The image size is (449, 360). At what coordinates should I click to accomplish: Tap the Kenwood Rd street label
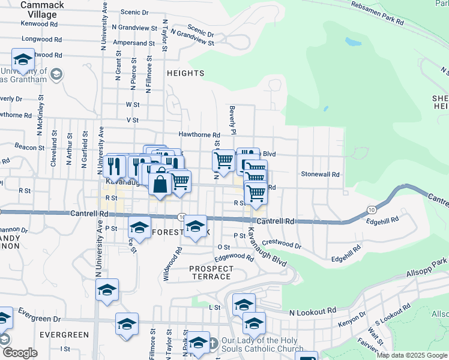[x=40, y=24]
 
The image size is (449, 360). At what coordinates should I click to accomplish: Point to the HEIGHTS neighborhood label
[x=186, y=73]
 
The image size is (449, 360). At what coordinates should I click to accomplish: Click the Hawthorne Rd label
[x=199, y=134]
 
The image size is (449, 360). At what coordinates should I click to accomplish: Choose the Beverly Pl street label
[x=232, y=120]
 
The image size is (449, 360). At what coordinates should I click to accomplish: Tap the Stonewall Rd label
[x=321, y=174]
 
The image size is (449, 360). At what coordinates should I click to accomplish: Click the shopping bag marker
[x=160, y=182]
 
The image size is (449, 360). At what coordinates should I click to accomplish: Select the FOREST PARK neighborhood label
[x=180, y=232]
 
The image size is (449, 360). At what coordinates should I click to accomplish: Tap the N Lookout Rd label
[x=312, y=312]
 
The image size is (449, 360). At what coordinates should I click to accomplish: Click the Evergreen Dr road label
[x=40, y=313]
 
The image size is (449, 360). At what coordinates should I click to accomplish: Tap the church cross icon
[x=212, y=344]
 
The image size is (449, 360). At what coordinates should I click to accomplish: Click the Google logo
[x=19, y=353]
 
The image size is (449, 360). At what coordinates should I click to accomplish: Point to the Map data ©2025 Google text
[x=411, y=355]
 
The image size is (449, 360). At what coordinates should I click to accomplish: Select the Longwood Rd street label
[x=41, y=39]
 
